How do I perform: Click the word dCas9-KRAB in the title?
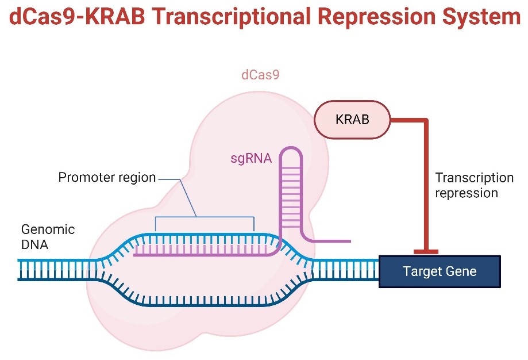coord(77,16)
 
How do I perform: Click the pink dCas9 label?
coord(260,75)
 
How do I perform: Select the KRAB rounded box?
coord(352,119)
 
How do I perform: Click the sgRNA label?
coord(251,158)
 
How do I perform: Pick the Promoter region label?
coord(107,177)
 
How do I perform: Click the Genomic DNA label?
coord(48,237)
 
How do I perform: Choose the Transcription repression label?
coord(474,185)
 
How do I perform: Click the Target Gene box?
coord(440,271)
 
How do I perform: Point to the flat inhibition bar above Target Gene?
coord(426,252)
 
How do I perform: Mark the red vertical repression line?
coord(426,185)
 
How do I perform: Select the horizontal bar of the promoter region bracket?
coord(205,217)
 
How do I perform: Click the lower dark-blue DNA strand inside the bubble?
coord(206,304)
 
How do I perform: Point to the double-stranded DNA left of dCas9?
coord(57,270)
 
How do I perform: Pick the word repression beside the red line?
coord(467,193)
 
